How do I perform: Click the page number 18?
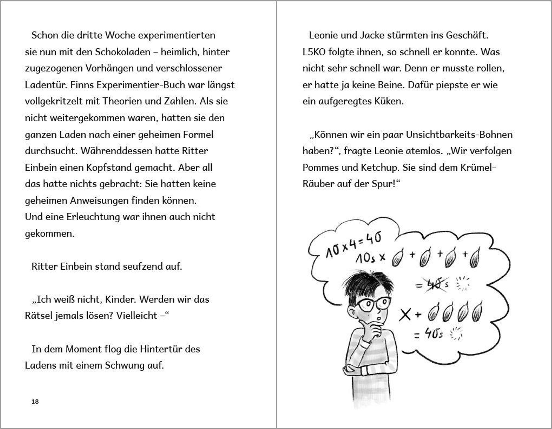(35, 401)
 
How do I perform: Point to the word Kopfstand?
(107, 168)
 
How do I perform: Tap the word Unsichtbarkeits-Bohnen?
(459, 135)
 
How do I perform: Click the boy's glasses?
(373, 304)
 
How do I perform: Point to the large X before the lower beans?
(405, 315)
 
